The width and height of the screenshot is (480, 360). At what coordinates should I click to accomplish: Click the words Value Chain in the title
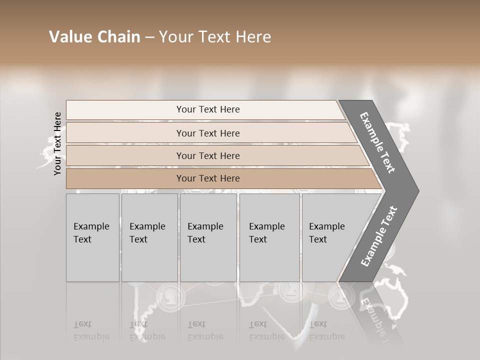94,37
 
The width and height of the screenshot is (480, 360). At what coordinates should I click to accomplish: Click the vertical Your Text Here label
57,143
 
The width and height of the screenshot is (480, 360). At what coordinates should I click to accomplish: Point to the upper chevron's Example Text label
377,142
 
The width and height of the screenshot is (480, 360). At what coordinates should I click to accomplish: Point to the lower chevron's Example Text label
378,236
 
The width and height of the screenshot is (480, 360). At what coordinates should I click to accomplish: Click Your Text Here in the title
215,37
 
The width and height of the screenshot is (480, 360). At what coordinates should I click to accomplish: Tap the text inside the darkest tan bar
208,178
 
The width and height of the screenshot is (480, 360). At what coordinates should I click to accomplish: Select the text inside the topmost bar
208,109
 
